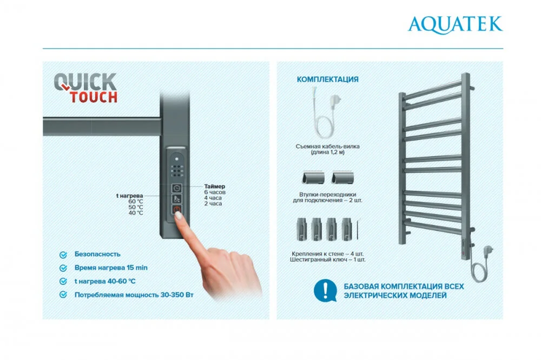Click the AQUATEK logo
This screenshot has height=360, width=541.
pyautogui.click(x=455, y=24)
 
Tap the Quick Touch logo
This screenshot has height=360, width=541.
pyautogui.click(x=85, y=88)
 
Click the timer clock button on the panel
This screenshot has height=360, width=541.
pyautogui.click(x=177, y=188)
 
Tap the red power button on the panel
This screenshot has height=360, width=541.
pyautogui.click(x=177, y=209)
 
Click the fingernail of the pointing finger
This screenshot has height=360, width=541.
pyautogui.click(x=179, y=216)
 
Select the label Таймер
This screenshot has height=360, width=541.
pyautogui.click(x=214, y=186)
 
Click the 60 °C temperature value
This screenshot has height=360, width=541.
pyautogui.click(x=136, y=202)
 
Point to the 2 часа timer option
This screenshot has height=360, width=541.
pyautogui.click(x=213, y=203)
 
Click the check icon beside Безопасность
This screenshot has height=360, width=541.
pyautogui.click(x=63, y=255)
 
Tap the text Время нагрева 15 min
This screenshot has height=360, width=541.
pyautogui.click(x=111, y=268)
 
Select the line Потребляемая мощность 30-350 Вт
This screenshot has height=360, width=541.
pyautogui.click(x=134, y=295)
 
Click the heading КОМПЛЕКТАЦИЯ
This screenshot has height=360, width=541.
pyautogui.click(x=327, y=79)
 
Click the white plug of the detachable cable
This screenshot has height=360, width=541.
pyautogui.click(x=334, y=102)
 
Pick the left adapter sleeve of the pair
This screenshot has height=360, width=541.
pyautogui.click(x=313, y=178)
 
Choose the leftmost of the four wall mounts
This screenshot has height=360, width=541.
pyautogui.click(x=301, y=229)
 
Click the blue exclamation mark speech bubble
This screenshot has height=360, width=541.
pyautogui.click(x=325, y=290)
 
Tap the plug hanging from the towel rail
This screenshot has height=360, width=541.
pyautogui.click(x=488, y=249)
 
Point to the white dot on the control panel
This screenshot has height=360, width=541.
pyautogui.click(x=177, y=159)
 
